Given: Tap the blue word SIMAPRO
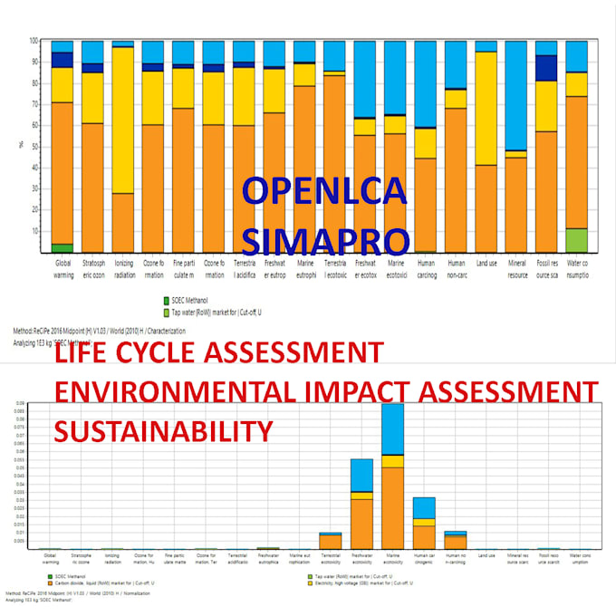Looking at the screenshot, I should pos(325,239).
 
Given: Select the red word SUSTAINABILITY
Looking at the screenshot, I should pos(164,429).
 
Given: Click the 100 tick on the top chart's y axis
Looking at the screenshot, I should pos(34,41).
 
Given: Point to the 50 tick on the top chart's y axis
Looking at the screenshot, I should pos(34,144).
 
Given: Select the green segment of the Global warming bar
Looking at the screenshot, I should pos(63,247).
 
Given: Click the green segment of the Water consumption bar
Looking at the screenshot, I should pos(576,240).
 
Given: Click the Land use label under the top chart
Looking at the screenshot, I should pos(486,264).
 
